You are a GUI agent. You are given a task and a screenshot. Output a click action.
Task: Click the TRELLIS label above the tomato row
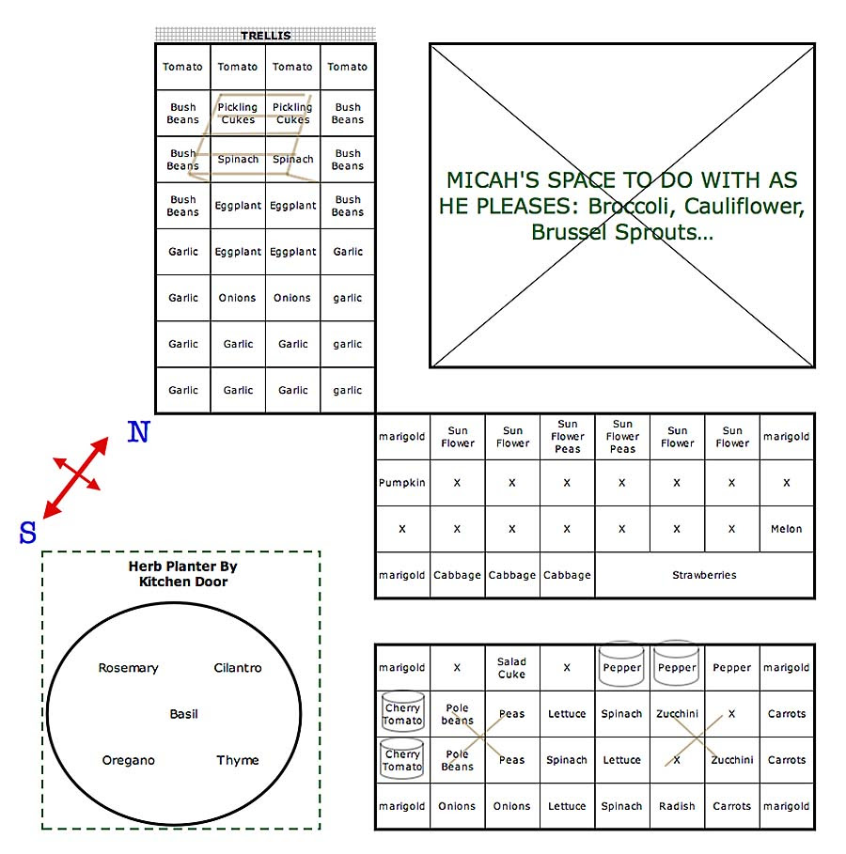[x=266, y=36]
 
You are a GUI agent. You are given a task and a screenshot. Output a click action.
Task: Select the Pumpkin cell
[x=402, y=483]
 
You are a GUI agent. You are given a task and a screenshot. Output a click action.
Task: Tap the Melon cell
[x=787, y=529]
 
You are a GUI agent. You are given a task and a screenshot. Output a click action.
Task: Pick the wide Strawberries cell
[x=704, y=575]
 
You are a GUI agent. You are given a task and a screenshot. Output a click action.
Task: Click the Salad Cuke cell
[x=512, y=668]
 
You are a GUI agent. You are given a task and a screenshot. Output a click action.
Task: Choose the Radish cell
[x=677, y=806]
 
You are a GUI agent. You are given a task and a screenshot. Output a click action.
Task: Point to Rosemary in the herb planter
[x=128, y=668]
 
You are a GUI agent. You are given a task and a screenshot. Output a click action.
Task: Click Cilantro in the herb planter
[x=238, y=668]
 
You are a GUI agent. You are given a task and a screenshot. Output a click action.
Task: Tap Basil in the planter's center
[x=183, y=714]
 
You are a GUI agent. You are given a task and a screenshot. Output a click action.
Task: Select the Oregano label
[x=128, y=761]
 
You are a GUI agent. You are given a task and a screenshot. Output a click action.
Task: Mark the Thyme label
[x=238, y=760]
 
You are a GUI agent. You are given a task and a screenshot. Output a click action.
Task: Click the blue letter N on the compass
[x=138, y=432]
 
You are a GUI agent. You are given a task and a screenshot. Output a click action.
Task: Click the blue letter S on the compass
[x=28, y=532]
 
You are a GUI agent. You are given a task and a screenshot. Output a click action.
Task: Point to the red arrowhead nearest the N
[x=101, y=445]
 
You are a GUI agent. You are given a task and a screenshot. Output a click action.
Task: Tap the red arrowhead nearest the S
[x=51, y=510]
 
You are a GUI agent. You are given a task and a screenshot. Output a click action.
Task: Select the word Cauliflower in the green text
[x=744, y=207]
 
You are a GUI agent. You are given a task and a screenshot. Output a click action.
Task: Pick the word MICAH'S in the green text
[x=493, y=180]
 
